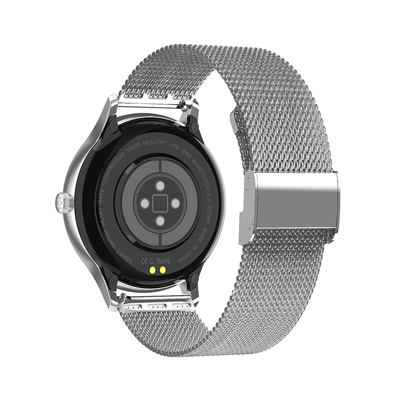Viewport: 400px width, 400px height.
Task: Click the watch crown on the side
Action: click(60, 202)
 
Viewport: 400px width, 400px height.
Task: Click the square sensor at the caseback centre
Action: click(158, 203)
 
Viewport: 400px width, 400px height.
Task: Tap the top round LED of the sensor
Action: click(159, 185)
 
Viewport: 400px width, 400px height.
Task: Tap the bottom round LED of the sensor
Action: click(159, 221)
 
